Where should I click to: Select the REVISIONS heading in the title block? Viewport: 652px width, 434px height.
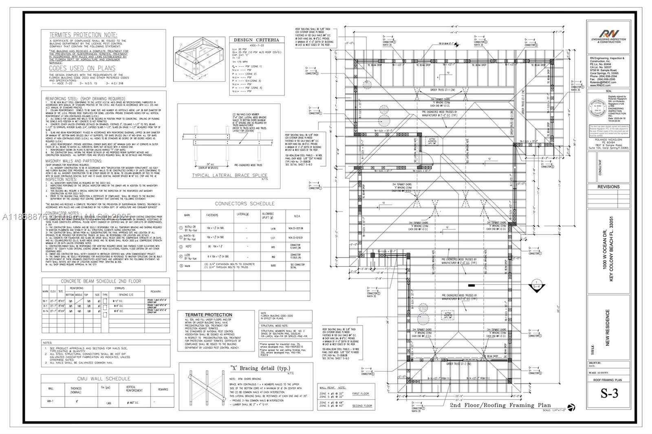(x=608, y=187)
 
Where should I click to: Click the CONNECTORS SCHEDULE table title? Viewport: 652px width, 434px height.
(x=244, y=204)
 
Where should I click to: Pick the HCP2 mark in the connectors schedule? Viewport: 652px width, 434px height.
(x=188, y=247)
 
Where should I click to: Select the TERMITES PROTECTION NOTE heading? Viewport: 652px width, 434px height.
(x=83, y=35)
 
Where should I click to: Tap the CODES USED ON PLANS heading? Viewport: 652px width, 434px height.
(x=82, y=68)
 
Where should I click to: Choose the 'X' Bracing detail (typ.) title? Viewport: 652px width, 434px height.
(x=260, y=368)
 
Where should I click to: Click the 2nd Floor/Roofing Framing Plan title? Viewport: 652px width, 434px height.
(x=500, y=405)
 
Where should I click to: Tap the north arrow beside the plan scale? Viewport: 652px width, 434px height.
(x=571, y=407)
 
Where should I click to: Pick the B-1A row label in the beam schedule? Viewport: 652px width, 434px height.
(x=45, y=311)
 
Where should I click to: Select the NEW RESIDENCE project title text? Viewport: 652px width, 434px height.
(x=608, y=328)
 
